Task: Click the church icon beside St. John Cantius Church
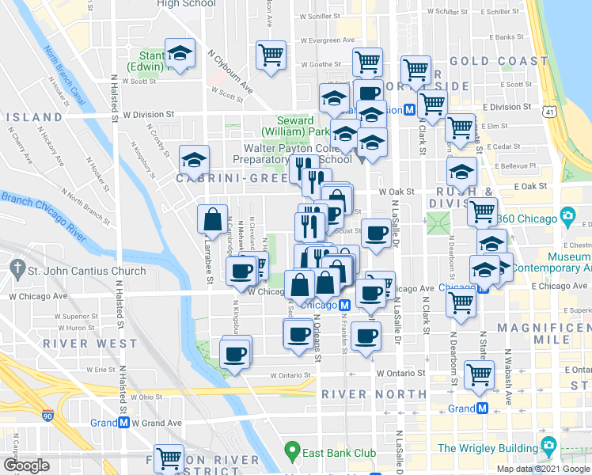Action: click(x=17, y=271)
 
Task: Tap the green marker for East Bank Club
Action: click(x=292, y=454)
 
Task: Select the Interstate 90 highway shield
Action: click(x=47, y=414)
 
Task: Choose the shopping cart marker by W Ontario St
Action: click(x=479, y=375)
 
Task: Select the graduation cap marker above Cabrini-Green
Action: click(x=194, y=161)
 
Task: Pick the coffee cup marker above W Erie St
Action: click(x=234, y=352)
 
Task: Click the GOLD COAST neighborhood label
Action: click(x=499, y=61)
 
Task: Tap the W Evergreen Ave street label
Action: click(x=310, y=40)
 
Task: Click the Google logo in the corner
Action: click(x=26, y=465)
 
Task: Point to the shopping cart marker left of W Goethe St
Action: click(x=271, y=55)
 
